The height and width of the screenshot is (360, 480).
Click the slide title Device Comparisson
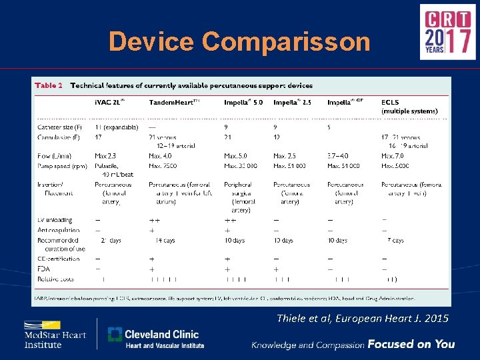pos(239,41)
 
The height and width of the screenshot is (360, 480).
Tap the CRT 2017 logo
pos(447,32)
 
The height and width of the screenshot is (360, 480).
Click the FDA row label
pos(45,269)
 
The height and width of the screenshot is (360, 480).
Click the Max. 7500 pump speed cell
pos(163,165)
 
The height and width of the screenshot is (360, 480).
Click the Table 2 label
pos(49,85)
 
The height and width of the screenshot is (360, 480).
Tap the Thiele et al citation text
pos(362,319)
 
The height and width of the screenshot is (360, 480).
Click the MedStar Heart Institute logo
pos(55,335)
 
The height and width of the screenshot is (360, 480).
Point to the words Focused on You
pos(411,344)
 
